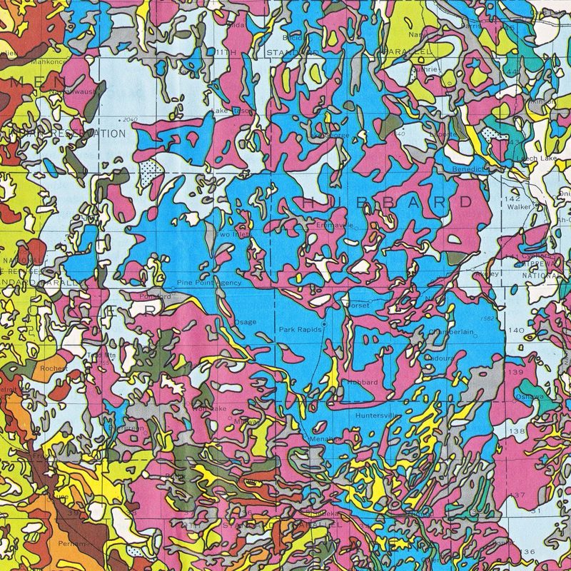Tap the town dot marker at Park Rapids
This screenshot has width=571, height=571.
point(323,324)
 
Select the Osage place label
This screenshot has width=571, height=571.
point(246,322)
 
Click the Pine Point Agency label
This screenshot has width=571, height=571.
point(214,283)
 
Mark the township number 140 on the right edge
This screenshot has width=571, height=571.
point(516,330)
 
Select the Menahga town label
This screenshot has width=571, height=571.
point(318,440)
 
